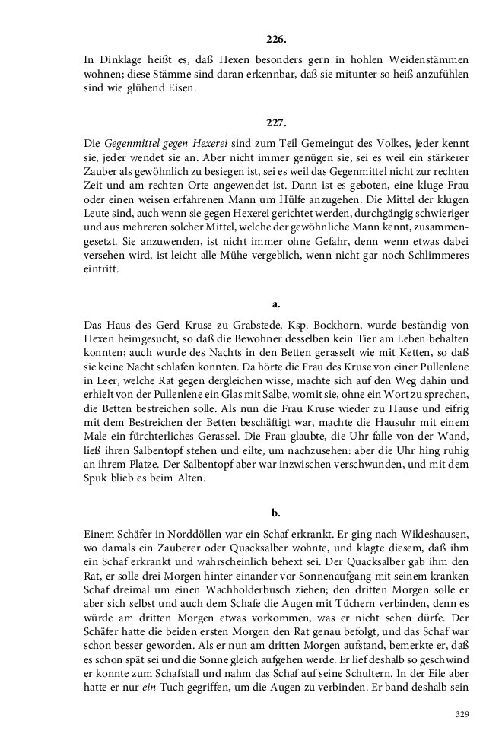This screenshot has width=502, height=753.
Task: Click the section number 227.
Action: pyautogui.click(x=276, y=122)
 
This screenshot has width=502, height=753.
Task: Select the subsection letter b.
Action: pyautogui.click(x=276, y=513)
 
